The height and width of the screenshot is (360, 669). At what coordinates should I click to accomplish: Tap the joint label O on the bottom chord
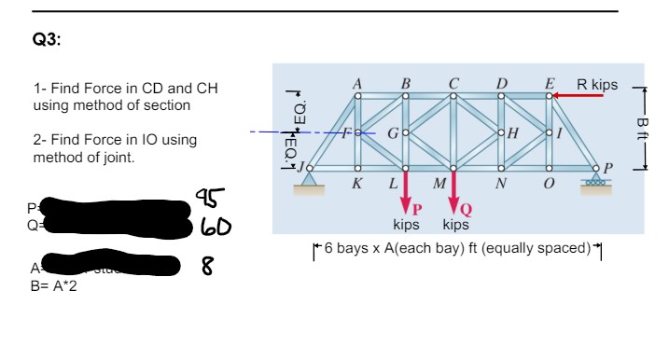pos(550,182)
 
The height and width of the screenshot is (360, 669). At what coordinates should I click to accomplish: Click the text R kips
pos(597,85)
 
